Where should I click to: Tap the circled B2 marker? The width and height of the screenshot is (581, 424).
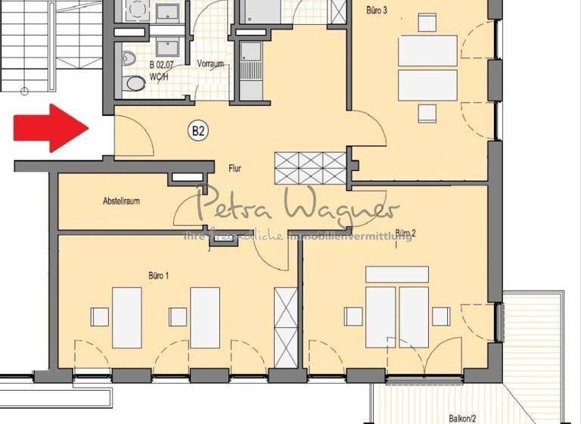tap(197, 131)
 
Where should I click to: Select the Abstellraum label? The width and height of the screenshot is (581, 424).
tap(123, 201)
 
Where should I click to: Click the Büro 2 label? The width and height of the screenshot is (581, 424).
tap(406, 232)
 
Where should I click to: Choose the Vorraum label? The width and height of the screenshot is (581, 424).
tap(211, 64)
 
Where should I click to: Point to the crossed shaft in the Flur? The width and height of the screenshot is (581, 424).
tap(310, 166)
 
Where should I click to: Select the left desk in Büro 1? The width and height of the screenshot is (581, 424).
tap(128, 315)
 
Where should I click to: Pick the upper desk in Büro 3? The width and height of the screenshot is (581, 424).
tap(427, 51)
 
